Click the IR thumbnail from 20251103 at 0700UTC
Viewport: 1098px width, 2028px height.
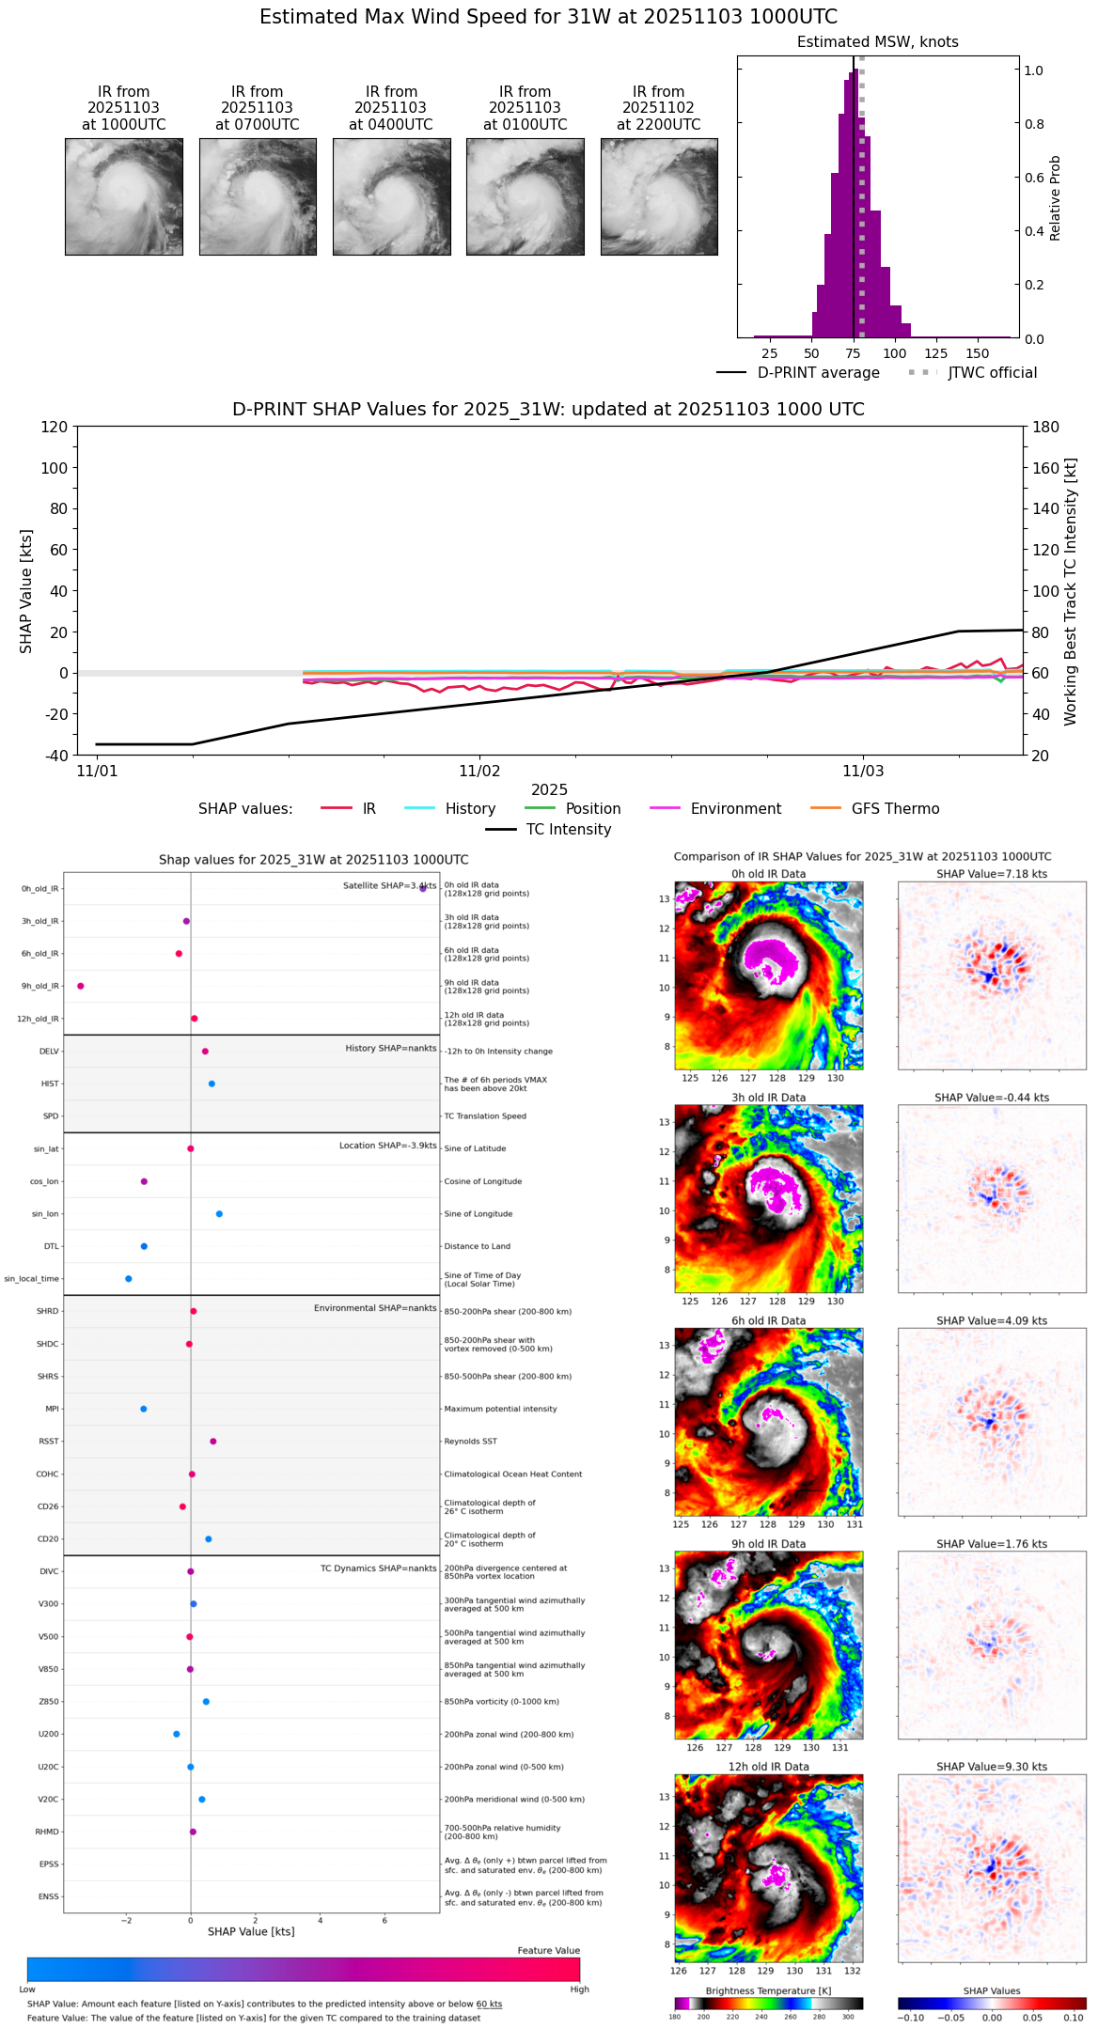(x=258, y=196)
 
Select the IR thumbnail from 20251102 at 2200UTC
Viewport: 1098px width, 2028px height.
(x=659, y=196)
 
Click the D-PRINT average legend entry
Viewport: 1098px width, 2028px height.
(x=798, y=373)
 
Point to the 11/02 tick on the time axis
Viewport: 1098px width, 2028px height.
(x=479, y=772)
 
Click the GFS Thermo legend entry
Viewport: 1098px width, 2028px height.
(x=874, y=809)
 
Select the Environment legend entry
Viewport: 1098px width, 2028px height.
(x=715, y=809)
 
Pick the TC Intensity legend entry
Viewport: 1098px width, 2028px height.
(x=549, y=830)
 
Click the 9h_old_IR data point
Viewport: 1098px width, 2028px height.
(x=81, y=986)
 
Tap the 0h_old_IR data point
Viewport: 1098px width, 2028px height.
(x=423, y=888)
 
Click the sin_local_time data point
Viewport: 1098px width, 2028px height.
(x=129, y=1279)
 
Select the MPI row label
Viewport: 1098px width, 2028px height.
(x=52, y=1409)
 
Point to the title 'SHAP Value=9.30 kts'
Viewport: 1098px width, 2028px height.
(x=992, y=1767)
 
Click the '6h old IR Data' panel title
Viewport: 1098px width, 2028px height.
(x=768, y=1320)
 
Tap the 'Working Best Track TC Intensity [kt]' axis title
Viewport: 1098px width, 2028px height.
(x=1071, y=592)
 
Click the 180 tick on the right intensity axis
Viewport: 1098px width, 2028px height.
(x=1046, y=428)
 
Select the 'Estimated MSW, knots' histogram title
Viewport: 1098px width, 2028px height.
(x=877, y=42)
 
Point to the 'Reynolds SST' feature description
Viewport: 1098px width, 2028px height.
(x=471, y=1442)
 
